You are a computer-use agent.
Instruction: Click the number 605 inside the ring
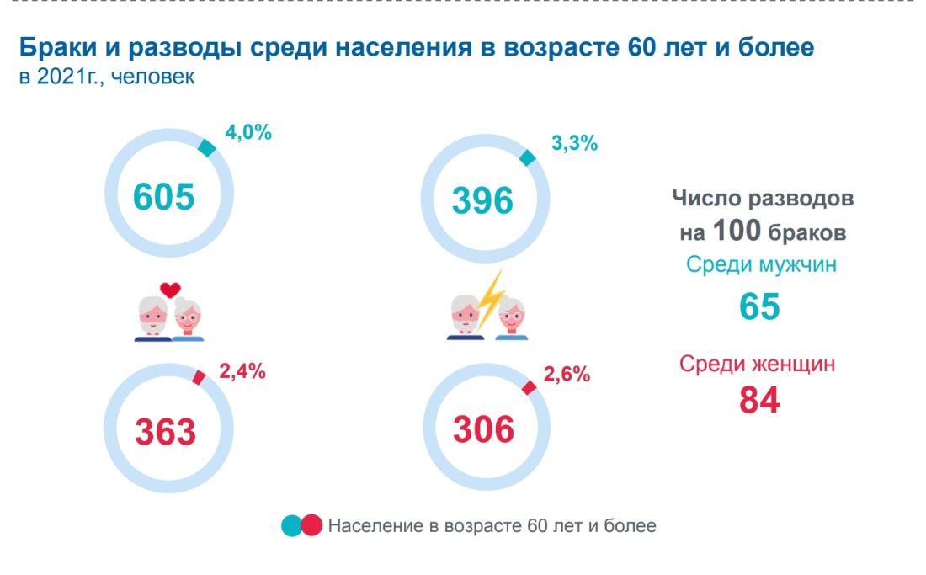click(164, 197)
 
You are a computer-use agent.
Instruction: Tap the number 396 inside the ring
click(482, 200)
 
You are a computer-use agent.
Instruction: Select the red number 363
click(166, 432)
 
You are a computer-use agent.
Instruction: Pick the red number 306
click(483, 430)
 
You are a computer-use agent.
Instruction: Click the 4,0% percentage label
click(248, 133)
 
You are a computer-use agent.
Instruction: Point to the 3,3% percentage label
click(573, 143)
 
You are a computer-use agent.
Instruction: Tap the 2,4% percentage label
click(242, 371)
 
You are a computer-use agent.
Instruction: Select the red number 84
click(759, 400)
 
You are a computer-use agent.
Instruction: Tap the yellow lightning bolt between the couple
click(491, 299)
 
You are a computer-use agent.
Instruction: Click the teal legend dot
click(292, 526)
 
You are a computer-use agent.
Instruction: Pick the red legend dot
click(311, 526)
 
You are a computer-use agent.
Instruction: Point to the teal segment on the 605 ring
click(206, 147)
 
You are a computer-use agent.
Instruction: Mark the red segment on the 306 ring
click(530, 386)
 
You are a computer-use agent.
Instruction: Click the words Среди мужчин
click(761, 265)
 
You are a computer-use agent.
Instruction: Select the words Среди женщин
click(758, 365)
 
